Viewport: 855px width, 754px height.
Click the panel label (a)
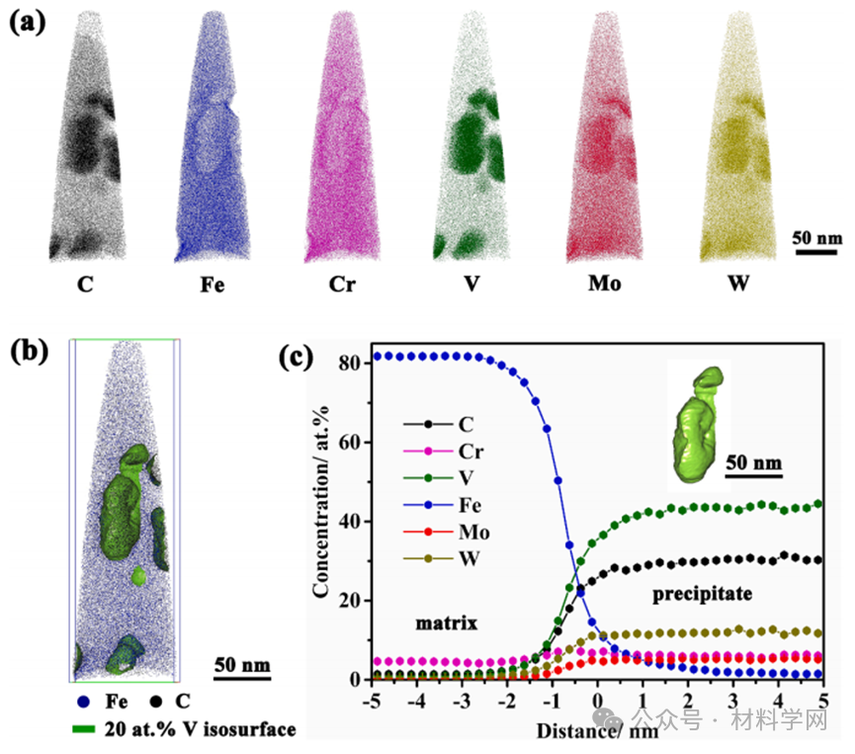tap(28, 23)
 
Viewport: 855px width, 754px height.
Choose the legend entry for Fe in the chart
tap(471, 505)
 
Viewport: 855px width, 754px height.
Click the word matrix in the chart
tap(446, 624)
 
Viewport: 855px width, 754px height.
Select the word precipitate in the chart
tap(703, 594)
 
